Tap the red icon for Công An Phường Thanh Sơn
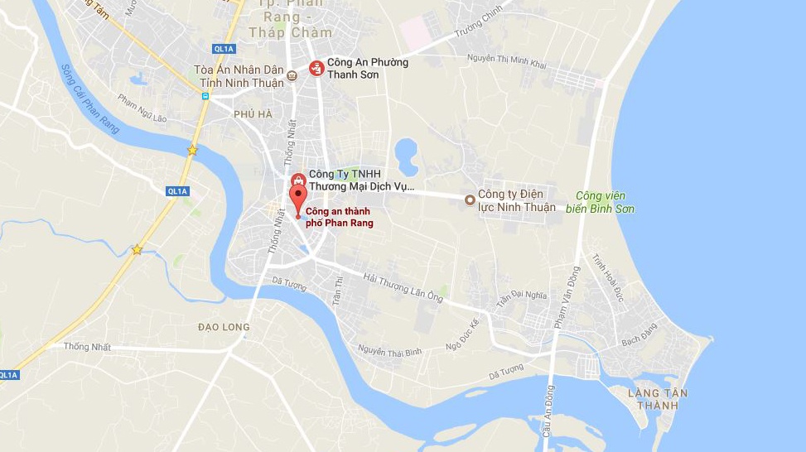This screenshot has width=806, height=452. click(x=316, y=68)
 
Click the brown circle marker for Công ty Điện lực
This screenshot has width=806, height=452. click(x=471, y=200)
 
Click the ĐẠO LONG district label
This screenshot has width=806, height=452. click(x=224, y=327)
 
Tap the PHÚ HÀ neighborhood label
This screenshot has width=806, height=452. click(x=253, y=114)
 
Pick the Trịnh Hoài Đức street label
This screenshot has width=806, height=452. click(x=608, y=277)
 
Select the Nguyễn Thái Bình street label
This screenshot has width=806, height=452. click(x=389, y=352)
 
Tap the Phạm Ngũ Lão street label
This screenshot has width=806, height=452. click(x=142, y=108)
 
